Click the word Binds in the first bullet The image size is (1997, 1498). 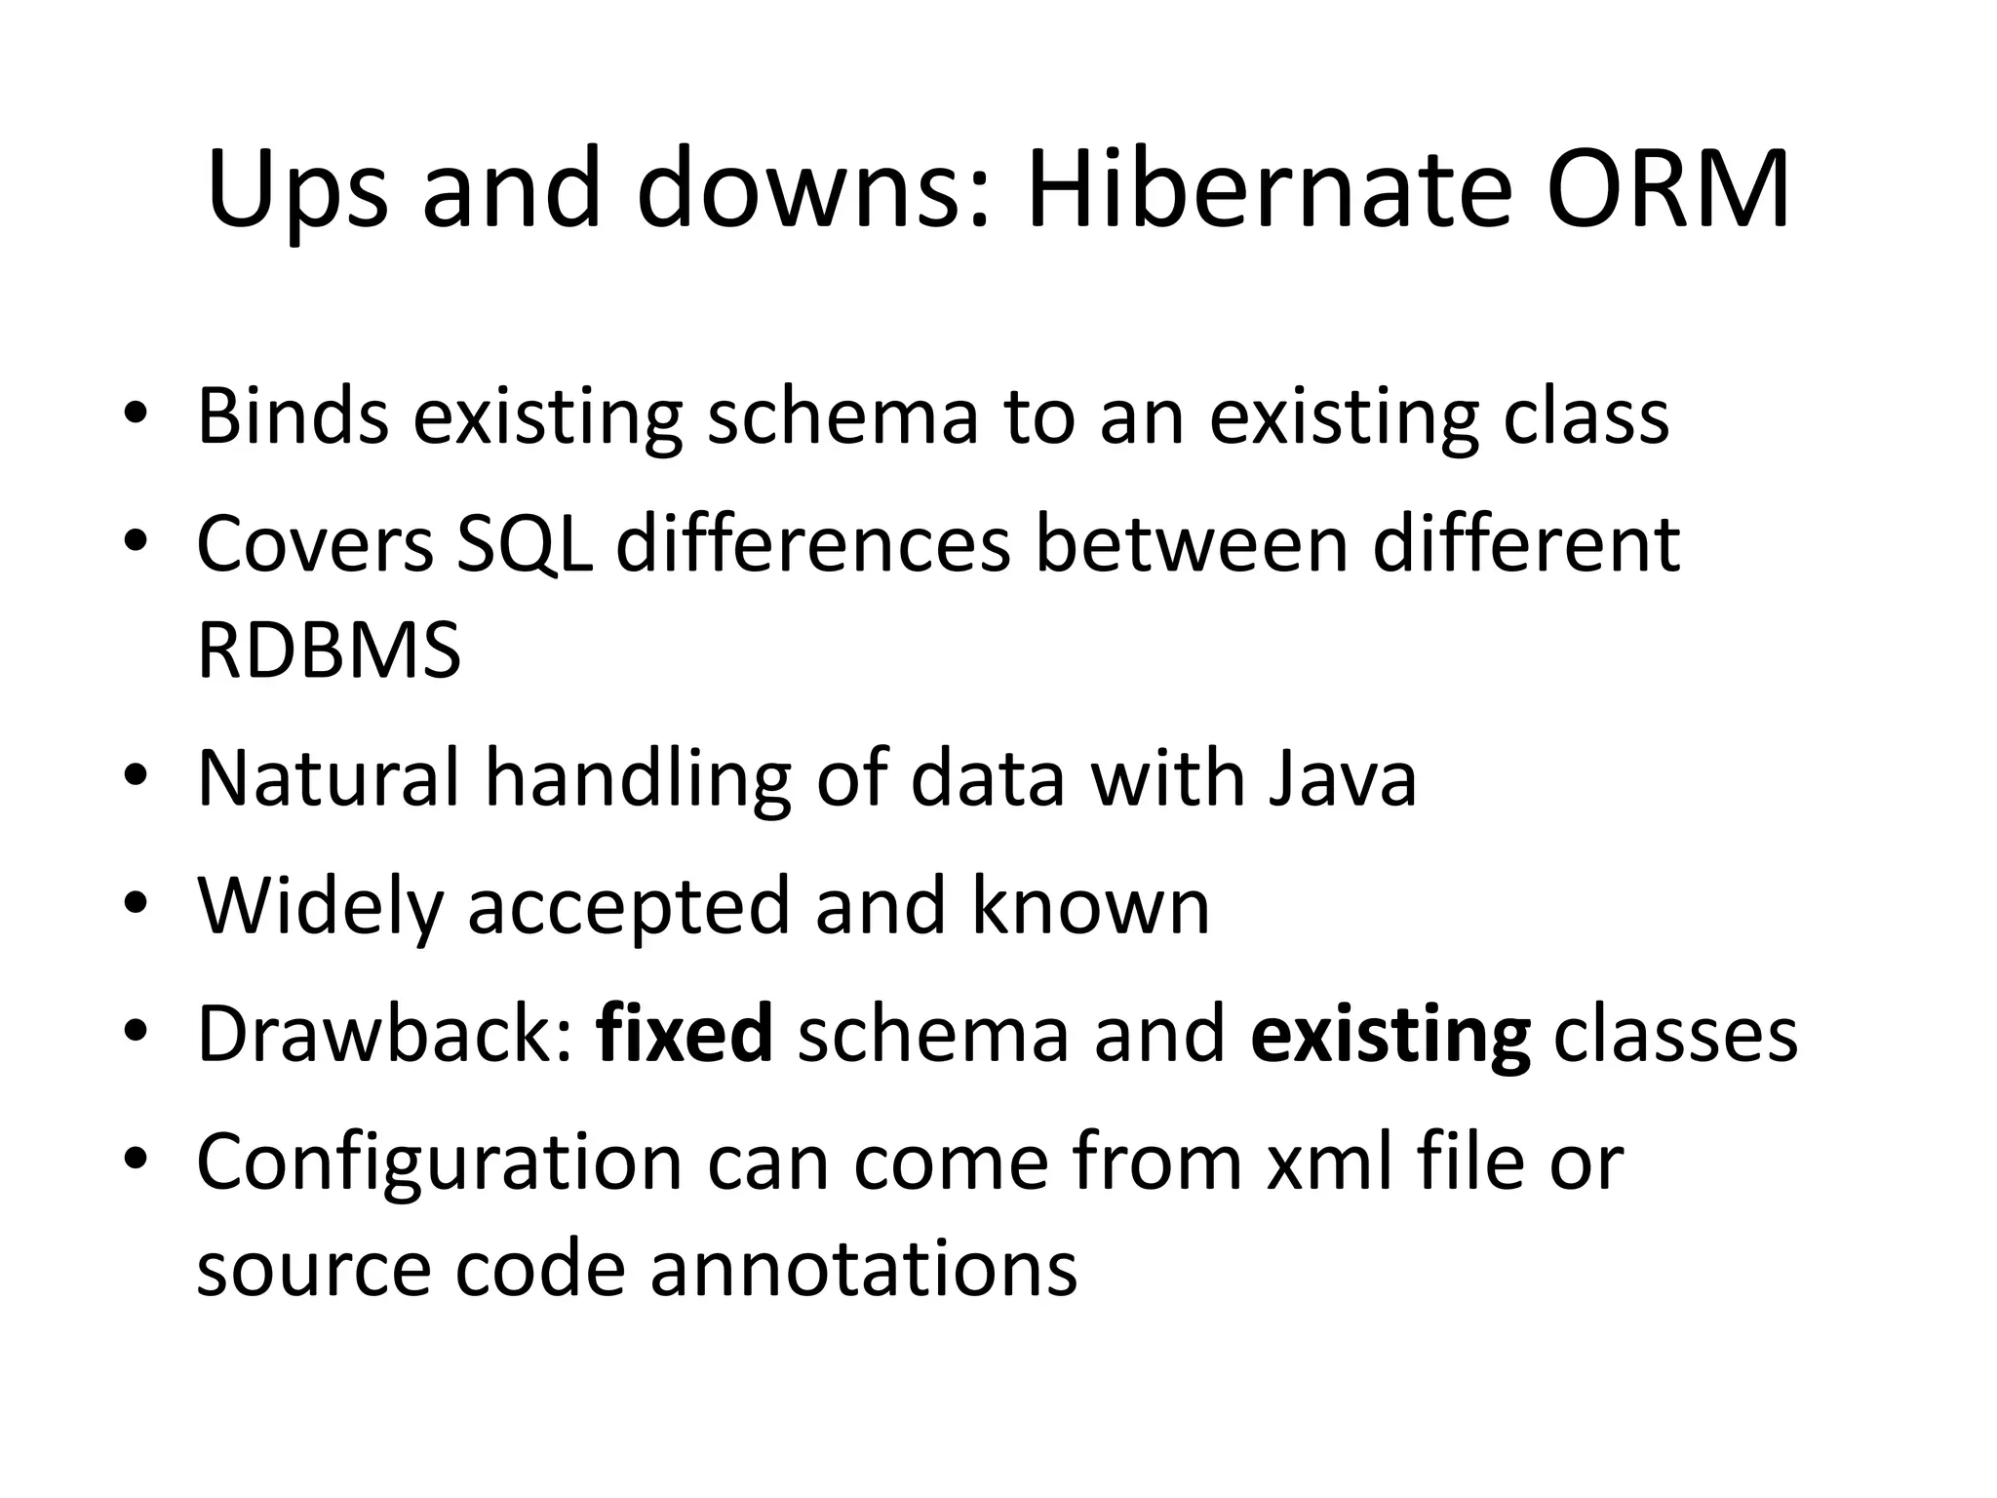293,416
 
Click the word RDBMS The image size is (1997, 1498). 329,651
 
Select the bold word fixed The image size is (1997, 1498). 685,1034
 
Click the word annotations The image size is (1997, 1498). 863,1269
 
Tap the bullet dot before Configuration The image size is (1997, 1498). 136,1160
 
